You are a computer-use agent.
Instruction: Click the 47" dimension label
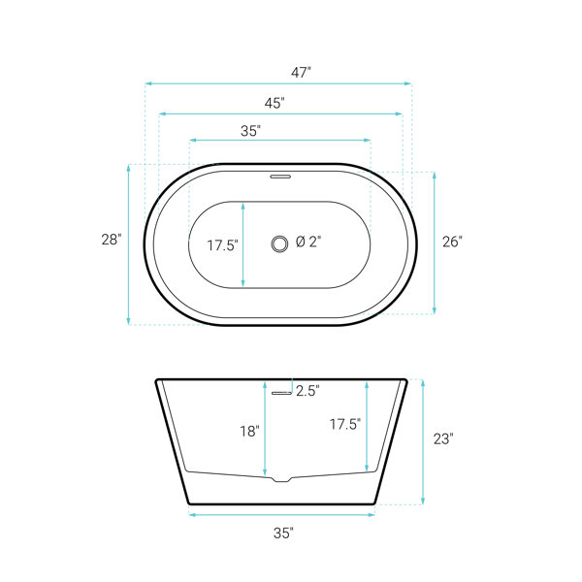(x=301, y=73)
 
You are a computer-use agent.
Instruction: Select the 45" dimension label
(x=275, y=103)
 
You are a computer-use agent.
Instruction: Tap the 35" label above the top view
(x=250, y=131)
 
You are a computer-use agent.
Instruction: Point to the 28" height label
(x=112, y=240)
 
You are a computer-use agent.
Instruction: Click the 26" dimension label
(x=452, y=242)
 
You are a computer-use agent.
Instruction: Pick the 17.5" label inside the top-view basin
(x=222, y=245)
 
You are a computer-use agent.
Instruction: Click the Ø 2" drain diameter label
(x=308, y=242)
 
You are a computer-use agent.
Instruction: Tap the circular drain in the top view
(x=279, y=243)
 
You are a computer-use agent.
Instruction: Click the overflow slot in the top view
(x=280, y=177)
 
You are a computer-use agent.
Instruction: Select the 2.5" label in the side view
(x=307, y=391)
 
